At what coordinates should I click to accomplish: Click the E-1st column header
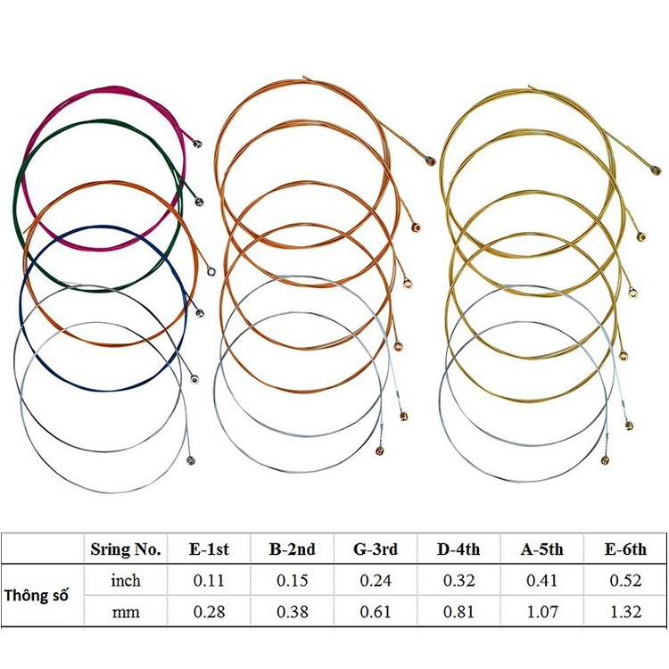[x=208, y=549]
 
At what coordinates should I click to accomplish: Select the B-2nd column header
[x=292, y=549]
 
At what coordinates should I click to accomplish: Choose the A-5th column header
[x=540, y=549]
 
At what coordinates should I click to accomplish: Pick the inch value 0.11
[x=208, y=581]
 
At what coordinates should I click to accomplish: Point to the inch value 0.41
[x=540, y=581]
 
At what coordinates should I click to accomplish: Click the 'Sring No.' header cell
[x=126, y=549]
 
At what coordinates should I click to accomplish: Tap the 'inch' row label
[x=126, y=581]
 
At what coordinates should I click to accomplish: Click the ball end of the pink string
[x=198, y=143]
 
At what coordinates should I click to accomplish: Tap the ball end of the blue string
[x=200, y=313]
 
